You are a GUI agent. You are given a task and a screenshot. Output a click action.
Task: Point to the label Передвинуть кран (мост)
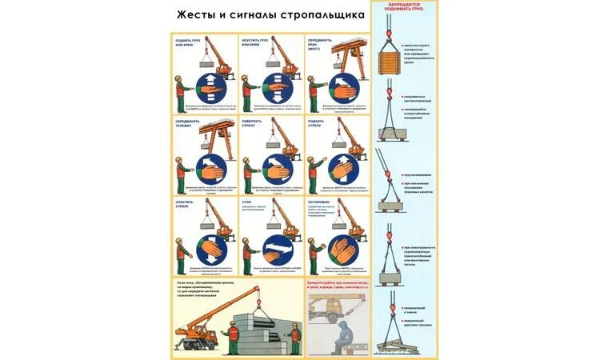[318, 44]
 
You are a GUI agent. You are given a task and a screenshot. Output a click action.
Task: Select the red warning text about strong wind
[337, 285]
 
